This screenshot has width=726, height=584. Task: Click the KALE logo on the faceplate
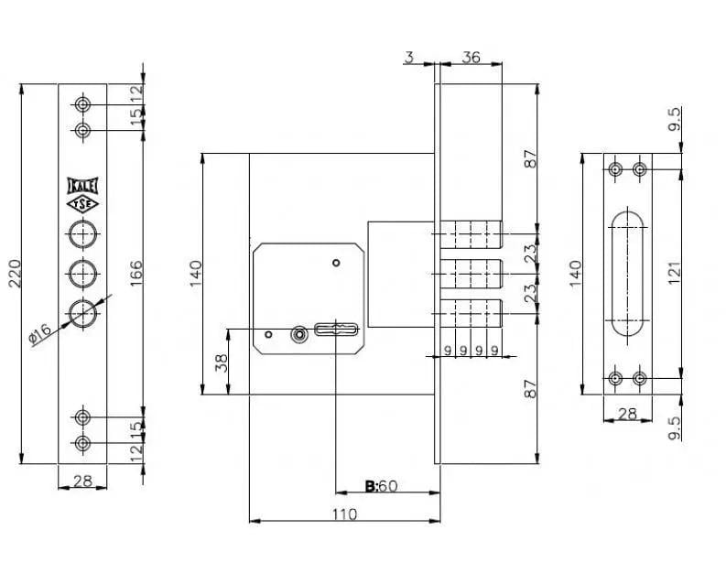[83, 186]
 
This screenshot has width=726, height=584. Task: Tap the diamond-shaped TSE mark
[83, 204]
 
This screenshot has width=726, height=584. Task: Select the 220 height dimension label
[15, 274]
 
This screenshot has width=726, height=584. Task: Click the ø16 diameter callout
[39, 334]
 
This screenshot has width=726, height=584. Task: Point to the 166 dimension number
[136, 274]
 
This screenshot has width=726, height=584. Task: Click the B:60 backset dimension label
[382, 486]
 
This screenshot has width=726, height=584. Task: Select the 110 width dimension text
[345, 514]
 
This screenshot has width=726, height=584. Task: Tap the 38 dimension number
[222, 362]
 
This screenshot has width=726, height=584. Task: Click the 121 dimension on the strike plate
[674, 273]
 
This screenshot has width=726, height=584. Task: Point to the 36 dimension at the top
[471, 58]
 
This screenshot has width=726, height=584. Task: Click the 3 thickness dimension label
[409, 58]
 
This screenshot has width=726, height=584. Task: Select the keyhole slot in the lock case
[337, 330]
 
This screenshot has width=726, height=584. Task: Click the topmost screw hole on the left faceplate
[83, 104]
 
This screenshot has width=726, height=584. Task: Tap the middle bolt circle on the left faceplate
[83, 274]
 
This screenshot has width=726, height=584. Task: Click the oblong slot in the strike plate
[627, 274]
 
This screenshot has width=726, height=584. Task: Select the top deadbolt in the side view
[471, 234]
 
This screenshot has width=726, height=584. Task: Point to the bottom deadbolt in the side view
[471, 314]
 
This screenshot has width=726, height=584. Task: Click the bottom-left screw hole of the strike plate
[615, 379]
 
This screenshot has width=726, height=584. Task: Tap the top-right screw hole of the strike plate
[640, 169]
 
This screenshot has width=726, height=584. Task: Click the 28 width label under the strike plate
[627, 414]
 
